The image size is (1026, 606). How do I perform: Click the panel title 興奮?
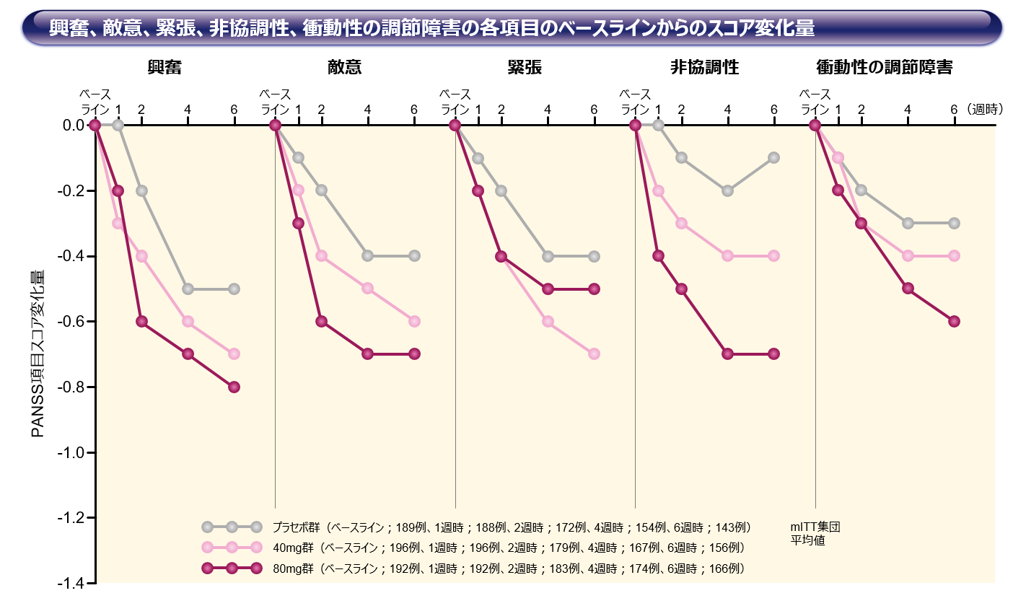click(x=165, y=68)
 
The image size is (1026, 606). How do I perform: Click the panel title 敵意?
click(x=344, y=68)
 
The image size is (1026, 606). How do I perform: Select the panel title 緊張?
click(x=525, y=68)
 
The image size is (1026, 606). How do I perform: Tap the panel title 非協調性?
click(x=704, y=68)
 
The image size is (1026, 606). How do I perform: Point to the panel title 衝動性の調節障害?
click(x=884, y=68)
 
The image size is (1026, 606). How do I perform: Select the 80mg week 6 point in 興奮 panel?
click(x=234, y=387)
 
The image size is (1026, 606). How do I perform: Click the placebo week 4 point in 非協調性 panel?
click(x=727, y=190)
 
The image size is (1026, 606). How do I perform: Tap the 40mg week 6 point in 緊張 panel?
click(x=594, y=353)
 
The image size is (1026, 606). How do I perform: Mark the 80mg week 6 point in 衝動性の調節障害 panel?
click(x=954, y=321)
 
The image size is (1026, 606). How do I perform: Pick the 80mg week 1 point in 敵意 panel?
click(x=298, y=223)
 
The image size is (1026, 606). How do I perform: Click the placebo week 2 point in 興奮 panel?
click(x=141, y=190)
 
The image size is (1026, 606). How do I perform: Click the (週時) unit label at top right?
click(x=986, y=110)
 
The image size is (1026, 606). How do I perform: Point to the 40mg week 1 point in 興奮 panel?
click(x=118, y=223)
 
